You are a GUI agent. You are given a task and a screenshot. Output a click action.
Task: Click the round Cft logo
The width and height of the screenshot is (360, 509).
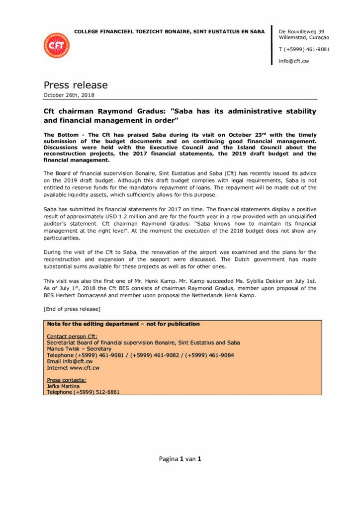pyautogui.click(x=56, y=45)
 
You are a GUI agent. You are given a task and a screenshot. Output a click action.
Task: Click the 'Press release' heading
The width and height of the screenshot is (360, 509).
pyautogui.click(x=76, y=85)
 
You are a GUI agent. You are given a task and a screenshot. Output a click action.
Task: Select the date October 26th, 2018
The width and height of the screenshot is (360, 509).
pyautogui.click(x=69, y=95)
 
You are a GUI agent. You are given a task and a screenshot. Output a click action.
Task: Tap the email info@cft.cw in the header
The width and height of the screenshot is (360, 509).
pyautogui.click(x=294, y=61)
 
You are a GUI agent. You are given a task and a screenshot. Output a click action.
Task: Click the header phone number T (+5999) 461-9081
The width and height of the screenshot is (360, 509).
pyautogui.click(x=304, y=49)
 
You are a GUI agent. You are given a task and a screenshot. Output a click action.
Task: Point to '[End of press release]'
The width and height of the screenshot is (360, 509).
pyautogui.click(x=72, y=309)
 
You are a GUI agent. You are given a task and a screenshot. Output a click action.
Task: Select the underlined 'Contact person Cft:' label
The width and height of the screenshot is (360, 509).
pyautogui.click(x=73, y=337)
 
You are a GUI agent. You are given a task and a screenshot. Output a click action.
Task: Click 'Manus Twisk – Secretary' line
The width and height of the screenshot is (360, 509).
pyautogui.click(x=79, y=349)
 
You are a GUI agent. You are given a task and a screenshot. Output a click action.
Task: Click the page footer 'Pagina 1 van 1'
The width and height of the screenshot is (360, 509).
pyautogui.click(x=180, y=459)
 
